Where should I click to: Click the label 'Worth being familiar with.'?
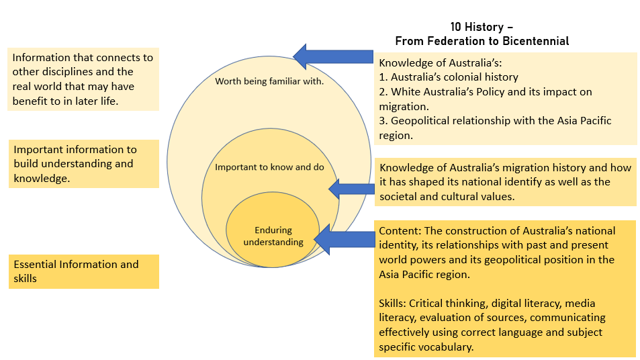pos(269,81)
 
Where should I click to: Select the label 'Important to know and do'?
pos(269,167)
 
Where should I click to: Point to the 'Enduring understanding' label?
pos(273,236)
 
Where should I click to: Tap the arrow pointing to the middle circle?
pos(352,189)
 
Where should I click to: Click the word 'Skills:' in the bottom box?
pos(394,304)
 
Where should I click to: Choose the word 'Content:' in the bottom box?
pos(400,230)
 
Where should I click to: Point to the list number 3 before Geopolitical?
pos(383,121)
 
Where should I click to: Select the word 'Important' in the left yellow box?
pos(40,149)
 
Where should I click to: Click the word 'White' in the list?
pos(406,91)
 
